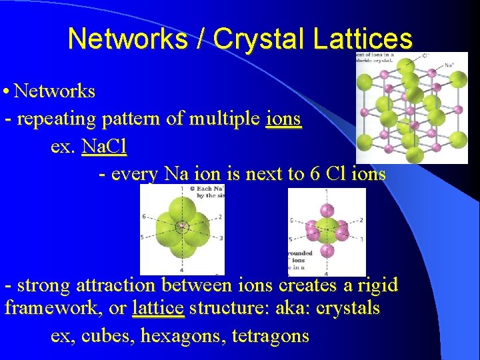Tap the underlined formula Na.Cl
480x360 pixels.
[104, 146]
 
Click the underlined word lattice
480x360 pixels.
[158, 309]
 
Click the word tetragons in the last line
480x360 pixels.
[271, 335]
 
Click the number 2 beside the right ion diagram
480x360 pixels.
[361, 220]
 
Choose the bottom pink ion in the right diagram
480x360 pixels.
[326, 251]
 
